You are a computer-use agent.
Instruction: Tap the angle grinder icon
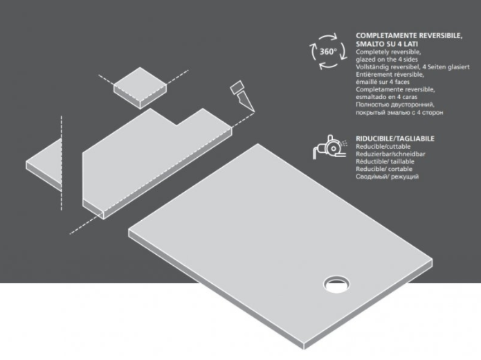tap(330, 147)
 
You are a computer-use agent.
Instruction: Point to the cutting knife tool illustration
tap(242, 96)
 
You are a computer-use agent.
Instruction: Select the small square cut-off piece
tap(140, 88)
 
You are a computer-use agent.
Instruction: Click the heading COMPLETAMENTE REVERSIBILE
tap(409, 36)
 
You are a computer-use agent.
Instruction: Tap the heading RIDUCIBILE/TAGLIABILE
tap(395, 138)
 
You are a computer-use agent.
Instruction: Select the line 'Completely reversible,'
tap(388, 52)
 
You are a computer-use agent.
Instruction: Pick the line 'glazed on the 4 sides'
tap(386, 60)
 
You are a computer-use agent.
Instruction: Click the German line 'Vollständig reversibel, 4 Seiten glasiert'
tap(412, 67)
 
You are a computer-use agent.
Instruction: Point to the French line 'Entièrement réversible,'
tap(390, 75)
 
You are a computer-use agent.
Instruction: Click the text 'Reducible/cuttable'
tap(383, 146)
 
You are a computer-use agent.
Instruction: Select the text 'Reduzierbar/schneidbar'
tap(390, 154)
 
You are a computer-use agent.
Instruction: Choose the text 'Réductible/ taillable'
tap(385, 161)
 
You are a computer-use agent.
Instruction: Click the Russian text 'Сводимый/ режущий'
tap(387, 177)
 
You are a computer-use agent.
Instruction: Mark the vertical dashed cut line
tap(62, 163)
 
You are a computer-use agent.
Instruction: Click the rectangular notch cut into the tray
tap(177, 116)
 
